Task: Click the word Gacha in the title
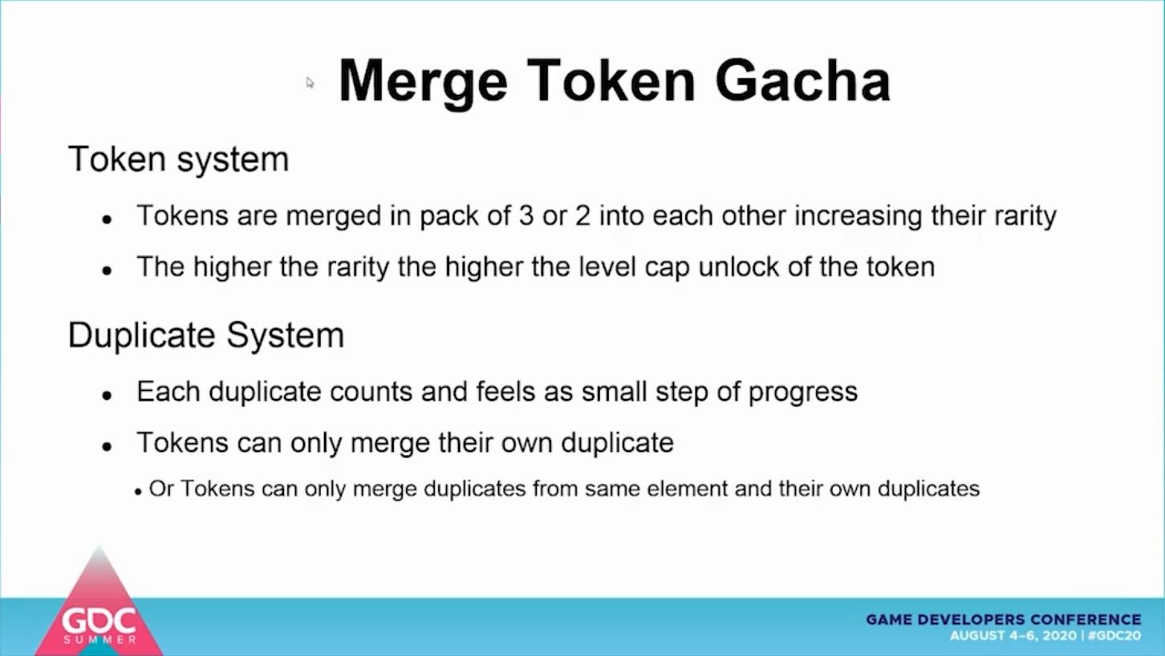[803, 81]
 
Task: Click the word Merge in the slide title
[423, 84]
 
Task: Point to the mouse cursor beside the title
[310, 83]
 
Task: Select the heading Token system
[178, 159]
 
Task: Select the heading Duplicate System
[206, 336]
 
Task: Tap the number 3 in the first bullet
[526, 215]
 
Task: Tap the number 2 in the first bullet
[583, 215]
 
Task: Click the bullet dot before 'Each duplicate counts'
[108, 396]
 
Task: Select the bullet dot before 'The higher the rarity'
[108, 271]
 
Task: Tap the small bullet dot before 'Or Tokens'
[138, 491]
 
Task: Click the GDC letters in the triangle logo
[99, 621]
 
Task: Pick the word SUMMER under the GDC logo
[99, 639]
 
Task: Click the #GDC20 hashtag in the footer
[1114, 636]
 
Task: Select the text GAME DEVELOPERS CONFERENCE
[1003, 620]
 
